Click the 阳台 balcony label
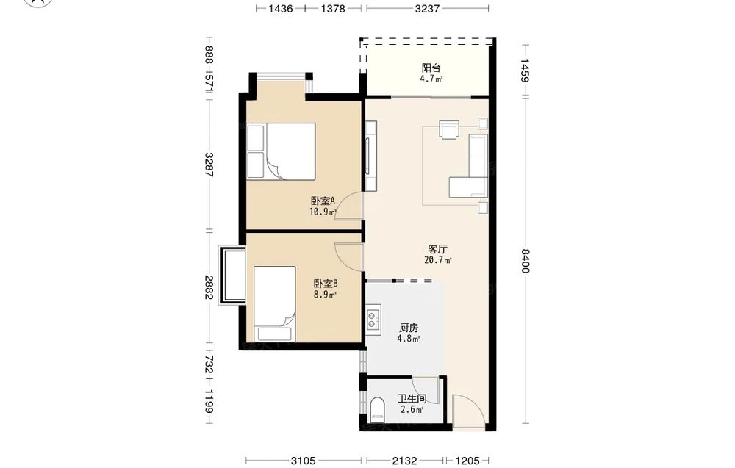pyautogui.click(x=431, y=68)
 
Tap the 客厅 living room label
pyautogui.click(x=437, y=249)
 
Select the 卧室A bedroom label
pyautogui.click(x=323, y=201)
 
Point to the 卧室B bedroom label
pyautogui.click(x=326, y=284)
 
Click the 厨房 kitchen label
pyautogui.click(x=408, y=328)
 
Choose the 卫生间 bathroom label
pyautogui.click(x=412, y=399)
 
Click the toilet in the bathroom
pyautogui.click(x=377, y=409)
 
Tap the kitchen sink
pyautogui.click(x=373, y=320)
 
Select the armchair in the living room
pyautogui.click(x=449, y=129)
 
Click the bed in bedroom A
pyautogui.click(x=282, y=151)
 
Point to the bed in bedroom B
pyautogui.click(x=275, y=304)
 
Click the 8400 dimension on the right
pyautogui.click(x=525, y=261)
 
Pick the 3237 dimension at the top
pyautogui.click(x=427, y=8)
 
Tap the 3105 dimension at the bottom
pyautogui.click(x=304, y=461)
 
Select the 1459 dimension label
pyautogui.click(x=525, y=71)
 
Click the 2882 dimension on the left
pyautogui.click(x=209, y=287)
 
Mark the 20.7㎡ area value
pyautogui.click(x=438, y=260)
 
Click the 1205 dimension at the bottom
pyautogui.click(x=467, y=461)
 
